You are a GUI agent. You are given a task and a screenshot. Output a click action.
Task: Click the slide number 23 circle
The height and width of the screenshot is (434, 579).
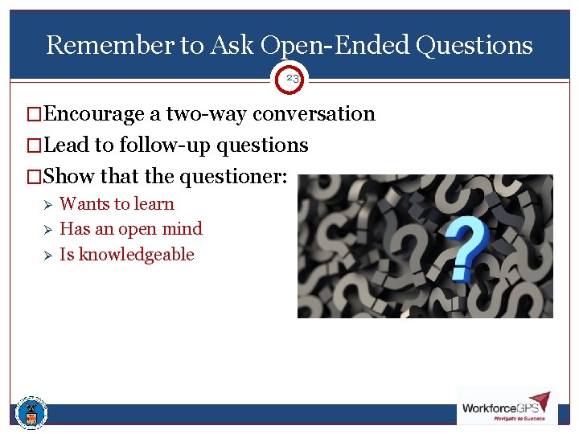[292, 79]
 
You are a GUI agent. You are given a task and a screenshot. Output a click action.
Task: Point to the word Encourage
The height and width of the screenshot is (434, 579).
[94, 113]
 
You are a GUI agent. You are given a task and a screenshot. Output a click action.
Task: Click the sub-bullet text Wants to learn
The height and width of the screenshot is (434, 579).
[117, 204]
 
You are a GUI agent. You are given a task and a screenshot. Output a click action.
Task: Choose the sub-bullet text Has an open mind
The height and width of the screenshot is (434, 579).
[131, 229]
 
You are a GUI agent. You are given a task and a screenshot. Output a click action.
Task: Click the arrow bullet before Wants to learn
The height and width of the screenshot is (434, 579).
[47, 205]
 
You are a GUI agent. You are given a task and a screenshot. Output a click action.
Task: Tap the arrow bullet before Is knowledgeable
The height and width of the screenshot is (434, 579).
[47, 256]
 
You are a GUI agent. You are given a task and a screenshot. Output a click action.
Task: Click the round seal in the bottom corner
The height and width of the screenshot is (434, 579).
[31, 413]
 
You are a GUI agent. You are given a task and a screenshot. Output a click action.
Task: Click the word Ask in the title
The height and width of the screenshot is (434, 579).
[233, 45]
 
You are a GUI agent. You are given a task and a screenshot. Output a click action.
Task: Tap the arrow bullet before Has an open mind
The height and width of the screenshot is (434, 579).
[47, 230]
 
